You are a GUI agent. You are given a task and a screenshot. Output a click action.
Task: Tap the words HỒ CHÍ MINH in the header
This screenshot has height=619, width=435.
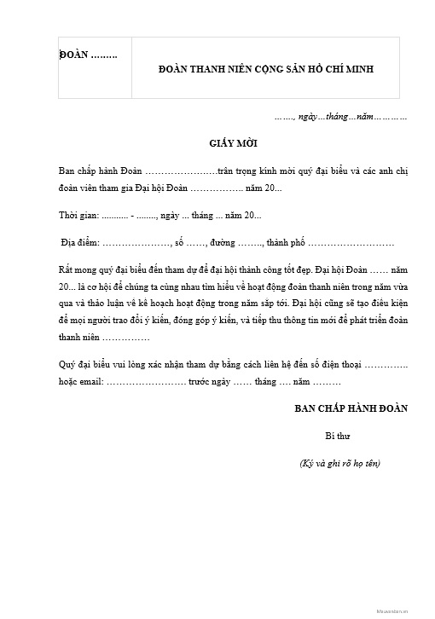pos(345,69)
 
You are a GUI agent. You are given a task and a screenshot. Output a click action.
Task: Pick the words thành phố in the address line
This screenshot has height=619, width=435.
pos(285,243)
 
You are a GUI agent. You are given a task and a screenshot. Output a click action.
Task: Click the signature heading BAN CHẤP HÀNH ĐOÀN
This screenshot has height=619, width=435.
pos(351,408)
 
